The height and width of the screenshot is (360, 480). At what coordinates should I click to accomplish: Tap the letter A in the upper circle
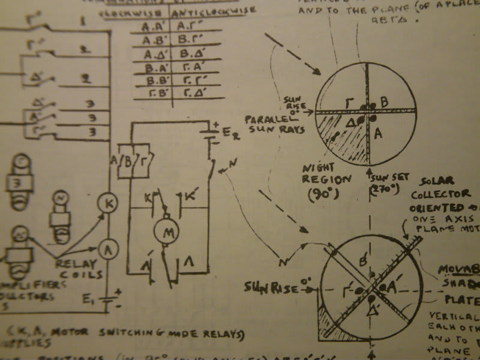coord(379,135)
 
